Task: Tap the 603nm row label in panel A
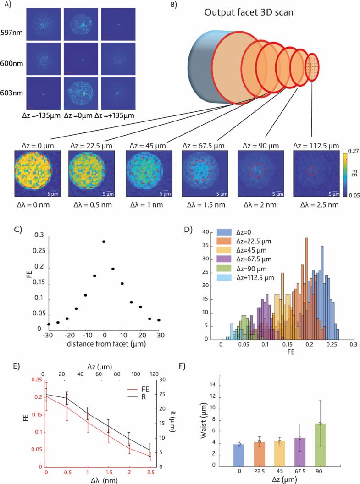pos(11,87)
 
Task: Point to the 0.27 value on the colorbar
pos(351,150)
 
